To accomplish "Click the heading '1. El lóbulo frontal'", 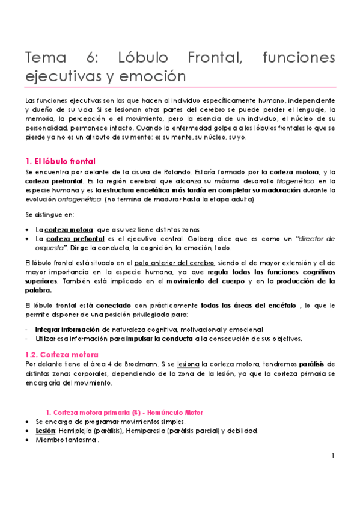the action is pyautogui.click(x=59, y=161).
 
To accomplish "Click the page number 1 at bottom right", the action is pyautogui.click(x=332, y=456).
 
